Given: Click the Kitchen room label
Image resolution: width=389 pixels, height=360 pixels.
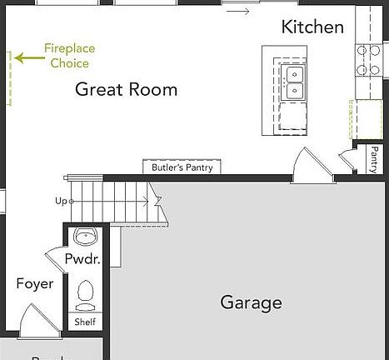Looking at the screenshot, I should (x=312, y=27).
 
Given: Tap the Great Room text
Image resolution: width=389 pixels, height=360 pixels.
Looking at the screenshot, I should (x=127, y=90).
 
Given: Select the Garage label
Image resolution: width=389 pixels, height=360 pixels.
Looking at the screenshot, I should (x=251, y=302).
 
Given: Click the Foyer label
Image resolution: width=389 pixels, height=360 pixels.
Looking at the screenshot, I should (x=35, y=284).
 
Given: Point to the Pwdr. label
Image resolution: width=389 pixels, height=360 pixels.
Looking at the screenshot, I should (x=82, y=259).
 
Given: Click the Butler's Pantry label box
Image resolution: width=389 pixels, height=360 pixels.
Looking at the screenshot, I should (x=182, y=167).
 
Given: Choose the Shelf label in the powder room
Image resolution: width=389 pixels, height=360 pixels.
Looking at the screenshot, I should (x=85, y=322).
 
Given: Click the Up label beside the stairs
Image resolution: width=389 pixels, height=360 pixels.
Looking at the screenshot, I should (x=61, y=201).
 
